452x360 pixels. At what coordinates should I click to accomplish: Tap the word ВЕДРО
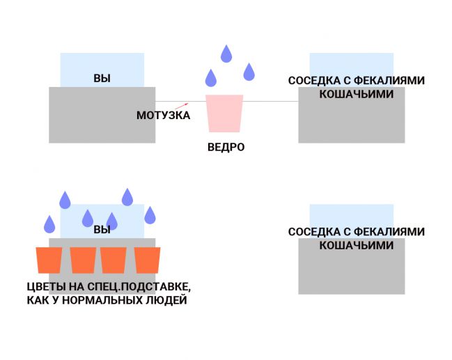pyautogui.click(x=226, y=148)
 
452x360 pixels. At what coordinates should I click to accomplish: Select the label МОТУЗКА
pyautogui.click(x=163, y=116)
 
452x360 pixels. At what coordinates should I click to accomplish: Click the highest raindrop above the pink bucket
pyautogui.click(x=226, y=53)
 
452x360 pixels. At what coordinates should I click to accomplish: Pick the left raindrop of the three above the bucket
pyautogui.click(x=210, y=77)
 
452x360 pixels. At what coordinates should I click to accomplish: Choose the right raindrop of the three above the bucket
pyautogui.click(x=249, y=71)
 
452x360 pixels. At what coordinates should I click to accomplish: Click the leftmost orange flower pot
pyautogui.click(x=49, y=260)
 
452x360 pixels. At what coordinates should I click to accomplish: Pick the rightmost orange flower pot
pyautogui.click(x=148, y=260)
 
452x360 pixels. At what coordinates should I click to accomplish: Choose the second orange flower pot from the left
pyautogui.click(x=83, y=260)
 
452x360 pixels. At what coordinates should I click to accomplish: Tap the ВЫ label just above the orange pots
pyautogui.click(x=102, y=230)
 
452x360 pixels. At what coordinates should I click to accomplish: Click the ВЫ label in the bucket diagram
pyautogui.click(x=102, y=78)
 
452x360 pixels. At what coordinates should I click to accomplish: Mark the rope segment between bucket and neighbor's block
pyautogui.click(x=271, y=102)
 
